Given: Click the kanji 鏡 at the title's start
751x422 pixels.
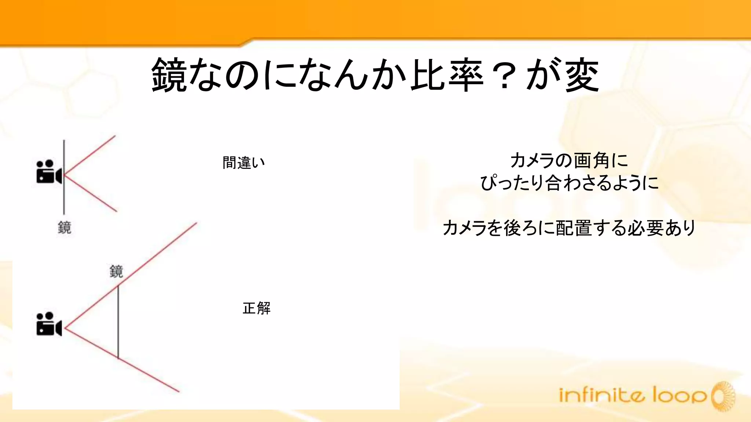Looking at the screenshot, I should pos(169,75).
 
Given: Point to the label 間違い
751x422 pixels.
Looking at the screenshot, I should pos(243,163).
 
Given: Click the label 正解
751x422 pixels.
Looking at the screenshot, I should pos(257,308).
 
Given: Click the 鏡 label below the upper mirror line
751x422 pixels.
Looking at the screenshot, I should pos(65,227).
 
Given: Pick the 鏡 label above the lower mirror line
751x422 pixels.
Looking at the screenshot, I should pos(116,271).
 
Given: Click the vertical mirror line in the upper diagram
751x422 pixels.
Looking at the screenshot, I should pos(64,194).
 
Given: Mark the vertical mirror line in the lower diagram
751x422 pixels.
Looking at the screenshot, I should pos(118,322).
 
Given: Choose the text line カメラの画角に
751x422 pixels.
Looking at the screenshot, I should pos(569,160).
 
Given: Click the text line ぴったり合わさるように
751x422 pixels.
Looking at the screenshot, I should pos(569,183).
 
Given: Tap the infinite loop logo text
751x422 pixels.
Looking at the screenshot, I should pos(633,395).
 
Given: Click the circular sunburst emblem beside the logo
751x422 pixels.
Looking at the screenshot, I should pos(723,396).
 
